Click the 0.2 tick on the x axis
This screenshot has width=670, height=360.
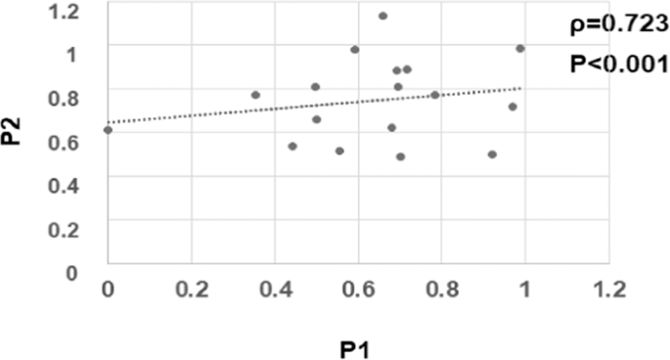click(191, 291)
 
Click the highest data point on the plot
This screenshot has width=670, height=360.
click(382, 16)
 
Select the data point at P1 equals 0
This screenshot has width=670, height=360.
click(108, 129)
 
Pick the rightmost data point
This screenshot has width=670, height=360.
click(520, 48)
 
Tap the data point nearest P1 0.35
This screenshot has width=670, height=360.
click(255, 95)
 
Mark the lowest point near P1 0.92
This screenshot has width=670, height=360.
click(492, 155)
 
